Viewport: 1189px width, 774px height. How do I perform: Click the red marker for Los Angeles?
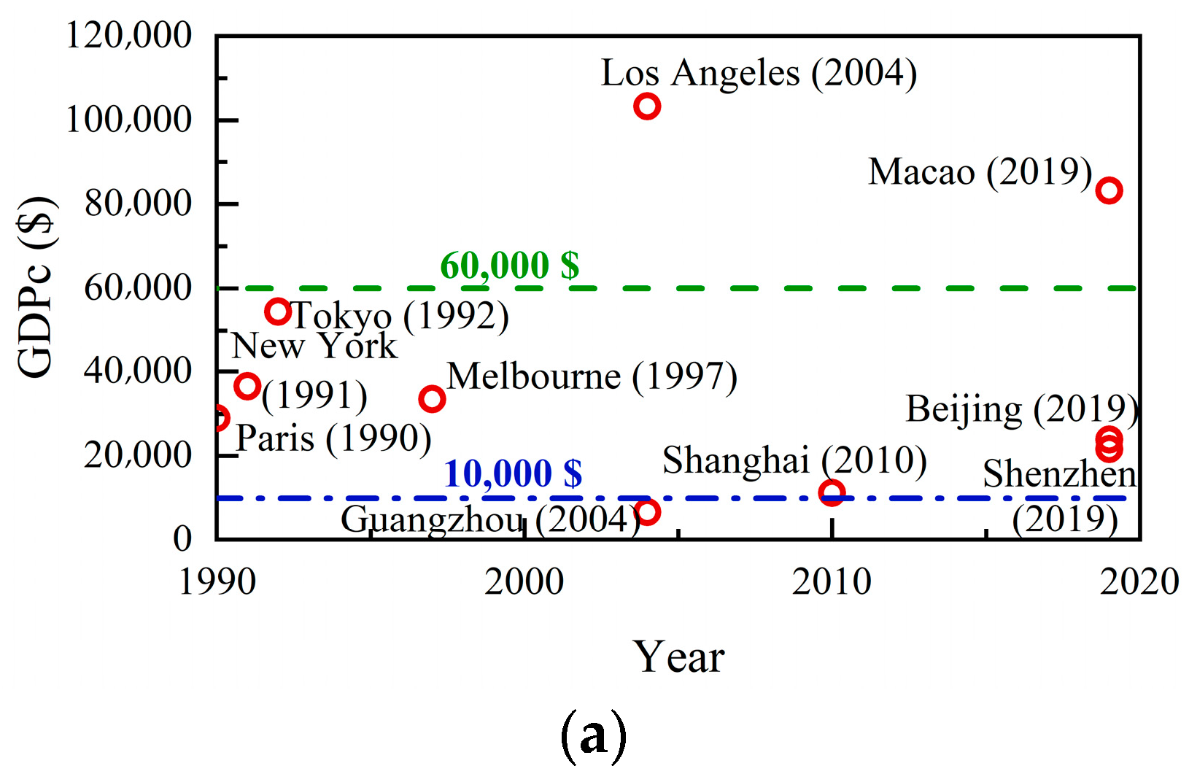coord(647,107)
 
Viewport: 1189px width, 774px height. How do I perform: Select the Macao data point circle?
coord(1109,190)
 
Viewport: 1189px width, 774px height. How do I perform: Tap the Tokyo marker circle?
coord(278,311)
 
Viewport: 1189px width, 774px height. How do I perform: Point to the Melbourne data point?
coord(432,399)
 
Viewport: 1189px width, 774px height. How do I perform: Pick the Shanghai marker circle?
coord(832,492)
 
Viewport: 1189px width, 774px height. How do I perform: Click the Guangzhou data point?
coord(647,512)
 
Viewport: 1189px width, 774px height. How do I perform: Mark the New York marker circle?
coord(248,386)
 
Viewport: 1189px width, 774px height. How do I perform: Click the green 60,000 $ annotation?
coord(509,265)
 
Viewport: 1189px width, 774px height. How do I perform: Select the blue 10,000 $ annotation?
coord(513,473)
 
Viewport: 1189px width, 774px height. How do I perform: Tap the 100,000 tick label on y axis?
coord(129,119)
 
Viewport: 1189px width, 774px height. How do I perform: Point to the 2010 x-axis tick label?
coord(832,582)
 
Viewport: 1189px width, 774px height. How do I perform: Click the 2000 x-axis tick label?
coord(524,582)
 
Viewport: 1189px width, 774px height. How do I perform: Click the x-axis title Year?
coord(678,657)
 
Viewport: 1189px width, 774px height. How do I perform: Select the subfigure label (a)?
coord(593,735)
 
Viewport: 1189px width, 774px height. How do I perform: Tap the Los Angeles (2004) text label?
coord(759,74)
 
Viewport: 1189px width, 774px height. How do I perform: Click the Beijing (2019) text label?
coord(1022,410)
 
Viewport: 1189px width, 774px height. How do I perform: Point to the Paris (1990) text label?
coord(334,439)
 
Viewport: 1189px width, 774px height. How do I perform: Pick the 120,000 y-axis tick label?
coord(129,35)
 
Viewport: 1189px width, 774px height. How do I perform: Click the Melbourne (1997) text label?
coord(592,377)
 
